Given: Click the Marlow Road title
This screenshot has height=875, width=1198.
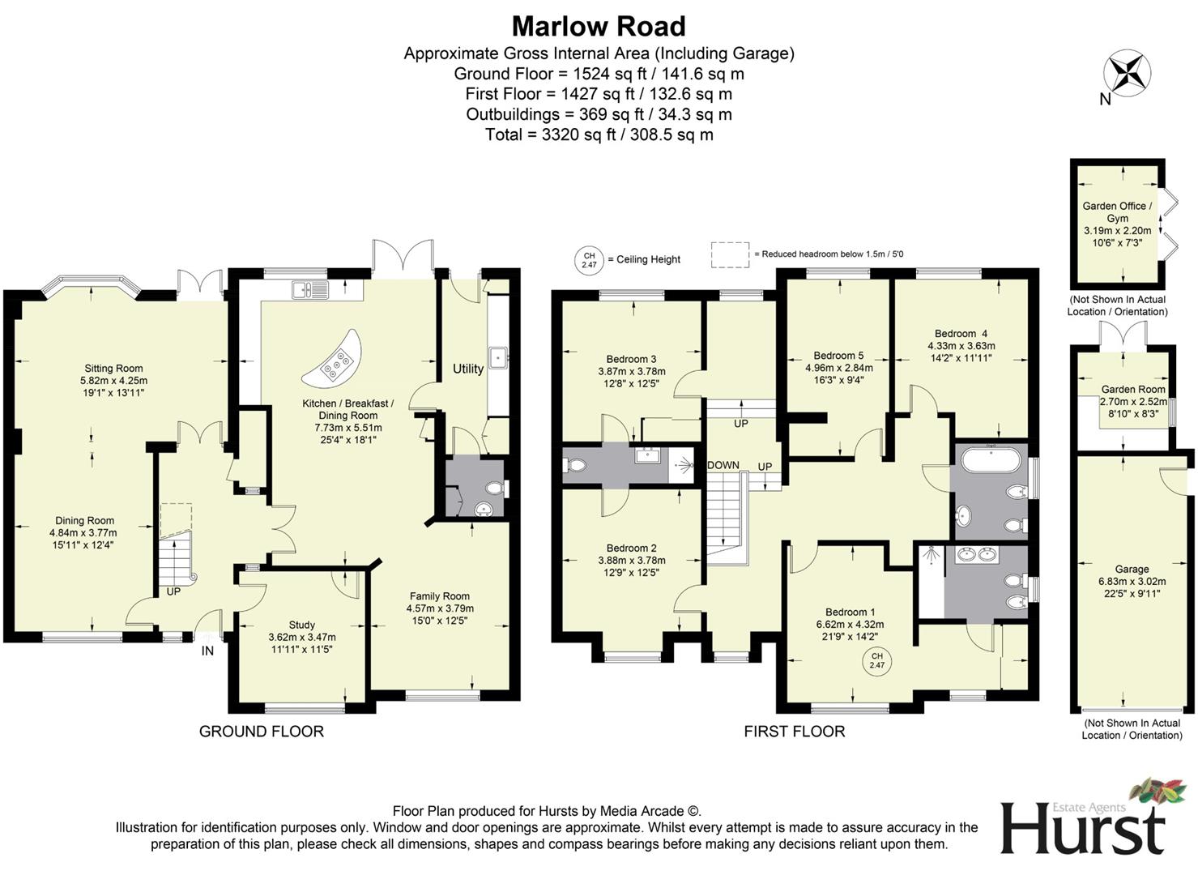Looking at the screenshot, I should tap(599, 27).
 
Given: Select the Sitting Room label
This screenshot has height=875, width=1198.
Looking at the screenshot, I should tap(113, 380).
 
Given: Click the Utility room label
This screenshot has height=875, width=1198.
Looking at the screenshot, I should tap(467, 369).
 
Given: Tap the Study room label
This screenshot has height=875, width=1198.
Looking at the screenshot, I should tap(302, 637).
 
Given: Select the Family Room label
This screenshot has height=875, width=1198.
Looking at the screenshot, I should tap(440, 602).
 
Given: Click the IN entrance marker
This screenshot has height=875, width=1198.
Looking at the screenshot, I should tap(207, 651).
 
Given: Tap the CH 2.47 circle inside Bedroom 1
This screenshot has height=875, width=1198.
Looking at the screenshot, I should tap(877, 660).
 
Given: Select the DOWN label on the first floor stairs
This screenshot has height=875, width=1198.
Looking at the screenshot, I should tap(723, 465).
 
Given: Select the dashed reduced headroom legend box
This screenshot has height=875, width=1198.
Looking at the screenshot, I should tap(731, 254).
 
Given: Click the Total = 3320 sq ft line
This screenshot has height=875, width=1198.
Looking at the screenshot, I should tap(599, 134).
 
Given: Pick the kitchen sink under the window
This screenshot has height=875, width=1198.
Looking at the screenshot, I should tap(310, 288).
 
